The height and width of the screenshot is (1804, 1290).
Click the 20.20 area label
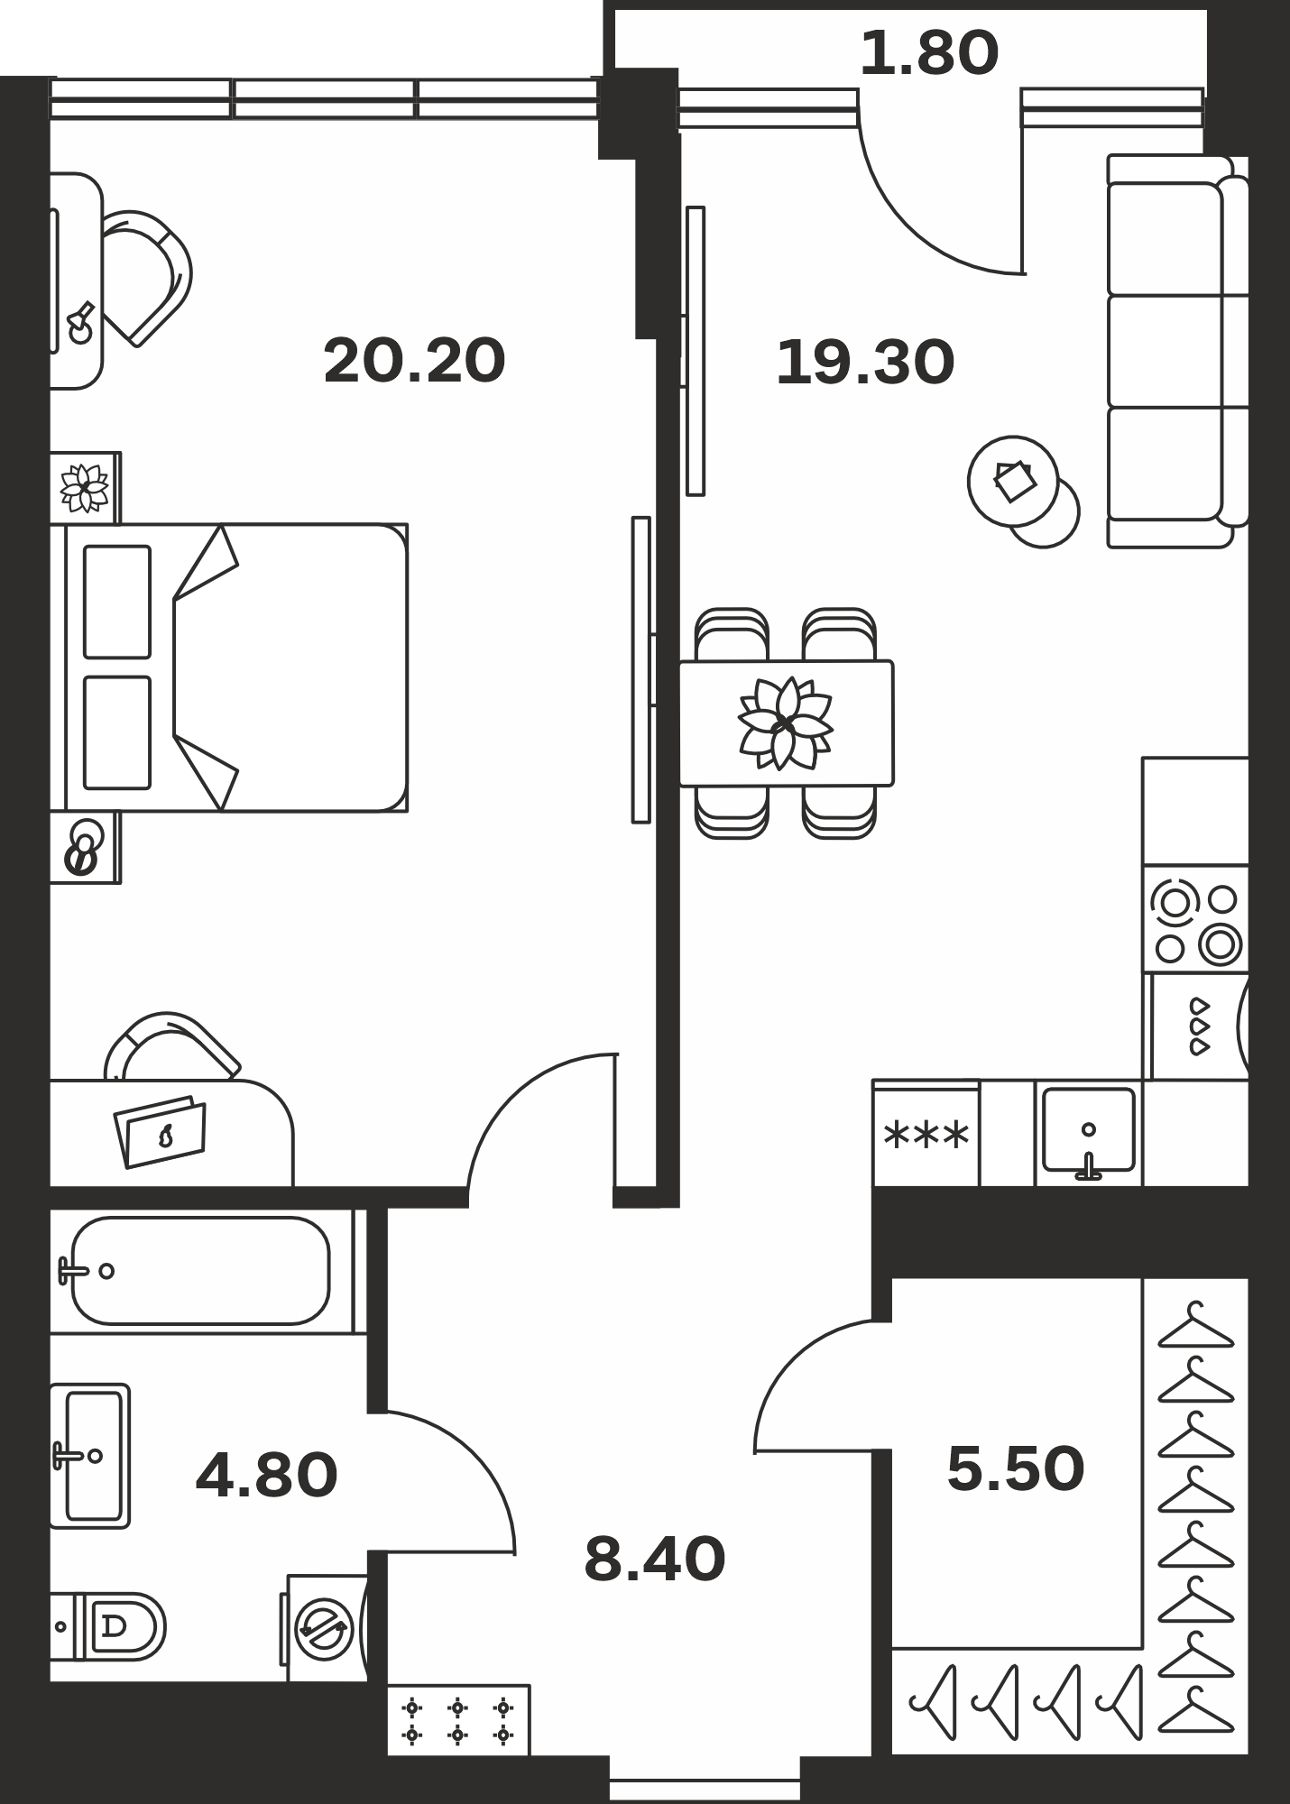[x=414, y=361]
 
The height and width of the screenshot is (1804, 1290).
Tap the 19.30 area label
[x=865, y=363]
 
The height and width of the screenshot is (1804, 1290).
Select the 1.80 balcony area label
[x=929, y=52]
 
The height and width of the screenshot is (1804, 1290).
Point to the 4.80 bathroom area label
[x=266, y=1476]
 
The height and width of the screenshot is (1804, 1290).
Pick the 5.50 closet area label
[x=1016, y=1469]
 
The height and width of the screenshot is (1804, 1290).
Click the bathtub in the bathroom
[x=200, y=1271]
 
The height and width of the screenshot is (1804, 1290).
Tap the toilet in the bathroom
[x=108, y=1626]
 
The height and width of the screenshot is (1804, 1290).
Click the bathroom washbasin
[x=90, y=1455]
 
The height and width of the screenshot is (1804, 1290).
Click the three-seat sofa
[x=1177, y=351]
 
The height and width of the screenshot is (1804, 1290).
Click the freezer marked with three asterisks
[x=926, y=1134]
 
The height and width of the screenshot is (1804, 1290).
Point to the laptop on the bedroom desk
[x=161, y=1132]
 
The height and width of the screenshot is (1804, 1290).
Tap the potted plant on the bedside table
[x=85, y=488]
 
